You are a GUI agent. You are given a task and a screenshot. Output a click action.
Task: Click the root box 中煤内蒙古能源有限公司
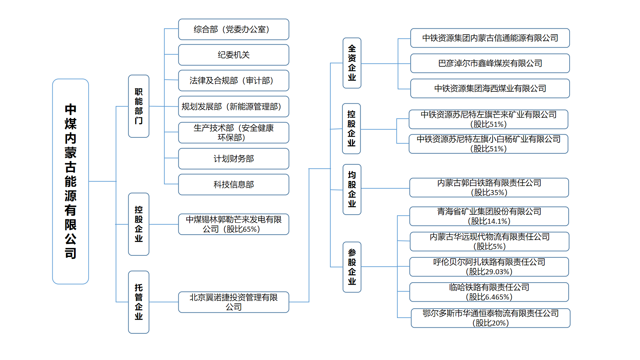click(x=70, y=181)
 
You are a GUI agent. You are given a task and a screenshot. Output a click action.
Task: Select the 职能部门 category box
click(x=139, y=106)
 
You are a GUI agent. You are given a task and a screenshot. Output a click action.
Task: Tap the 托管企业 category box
click(x=139, y=302)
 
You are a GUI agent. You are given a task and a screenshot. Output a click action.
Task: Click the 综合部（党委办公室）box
click(x=234, y=29)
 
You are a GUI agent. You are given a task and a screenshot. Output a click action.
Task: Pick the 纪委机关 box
click(x=234, y=55)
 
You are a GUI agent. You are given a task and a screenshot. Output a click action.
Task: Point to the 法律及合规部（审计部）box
click(x=234, y=80)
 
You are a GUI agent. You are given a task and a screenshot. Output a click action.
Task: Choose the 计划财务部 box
click(x=234, y=159)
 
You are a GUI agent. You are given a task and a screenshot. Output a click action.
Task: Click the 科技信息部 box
click(x=234, y=184)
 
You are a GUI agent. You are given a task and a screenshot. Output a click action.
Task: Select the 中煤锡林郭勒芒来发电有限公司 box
click(x=234, y=224)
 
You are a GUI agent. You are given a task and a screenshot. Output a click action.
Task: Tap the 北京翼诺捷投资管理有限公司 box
click(x=234, y=302)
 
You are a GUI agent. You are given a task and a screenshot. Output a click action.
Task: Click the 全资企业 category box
click(x=352, y=63)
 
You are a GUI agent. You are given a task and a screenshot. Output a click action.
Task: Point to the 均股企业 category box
click(x=352, y=189)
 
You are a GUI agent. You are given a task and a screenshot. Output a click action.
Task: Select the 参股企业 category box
click(x=352, y=267)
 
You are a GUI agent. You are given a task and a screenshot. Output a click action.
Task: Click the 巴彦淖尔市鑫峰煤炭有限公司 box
click(x=490, y=63)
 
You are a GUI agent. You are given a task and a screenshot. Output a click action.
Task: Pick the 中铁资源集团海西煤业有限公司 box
click(x=490, y=88)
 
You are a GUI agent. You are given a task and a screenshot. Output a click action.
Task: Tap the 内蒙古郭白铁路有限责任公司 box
click(x=489, y=188)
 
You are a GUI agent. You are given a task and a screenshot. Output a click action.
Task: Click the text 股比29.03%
click(x=489, y=272)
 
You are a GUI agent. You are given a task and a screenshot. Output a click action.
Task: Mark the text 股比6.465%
click(x=489, y=297)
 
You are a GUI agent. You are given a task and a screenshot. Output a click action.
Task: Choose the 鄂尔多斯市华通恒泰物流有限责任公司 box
click(x=491, y=318)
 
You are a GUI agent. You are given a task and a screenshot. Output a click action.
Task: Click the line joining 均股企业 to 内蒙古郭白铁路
click(x=385, y=188)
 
